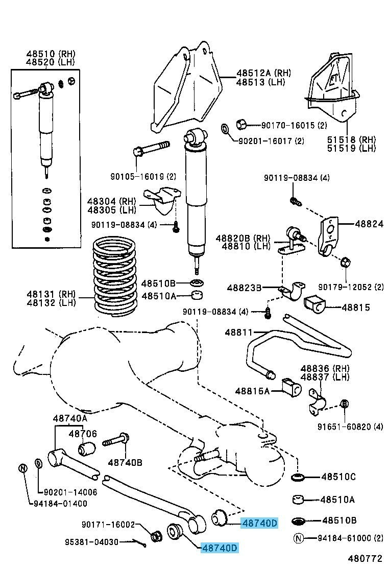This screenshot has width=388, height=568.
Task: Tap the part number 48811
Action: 238,333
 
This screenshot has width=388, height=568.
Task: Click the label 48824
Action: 365,223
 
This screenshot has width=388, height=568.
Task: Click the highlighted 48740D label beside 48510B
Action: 259,523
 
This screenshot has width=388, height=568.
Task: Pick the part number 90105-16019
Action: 136,177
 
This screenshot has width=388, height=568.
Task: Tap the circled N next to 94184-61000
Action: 299,537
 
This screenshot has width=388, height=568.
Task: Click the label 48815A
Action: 252,391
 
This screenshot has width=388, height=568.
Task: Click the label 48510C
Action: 338,477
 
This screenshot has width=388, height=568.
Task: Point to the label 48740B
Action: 125,462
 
